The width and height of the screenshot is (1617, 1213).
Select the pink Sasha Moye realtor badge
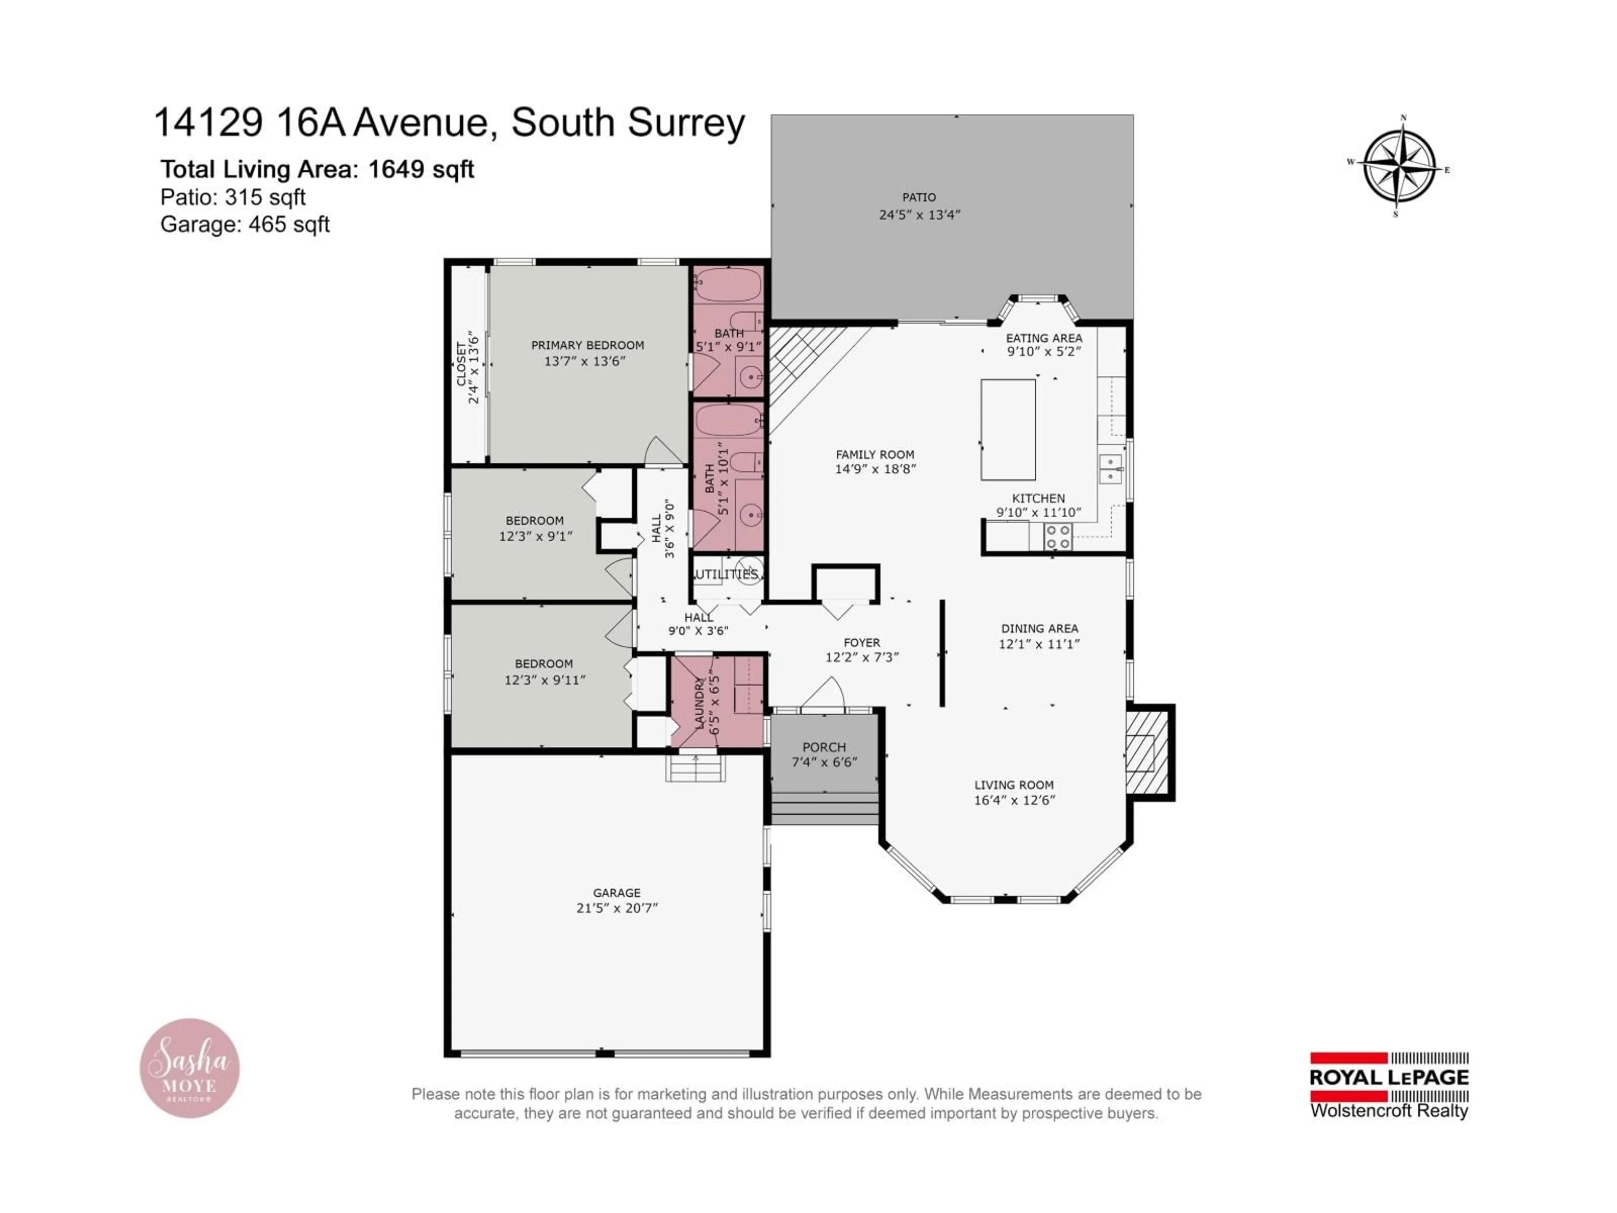click(x=190, y=1068)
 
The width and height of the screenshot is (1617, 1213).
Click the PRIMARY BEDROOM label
click(x=587, y=345)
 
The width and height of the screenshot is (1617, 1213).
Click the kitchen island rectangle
click(x=1008, y=429)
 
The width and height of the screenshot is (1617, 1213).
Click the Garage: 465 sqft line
click(x=245, y=224)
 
